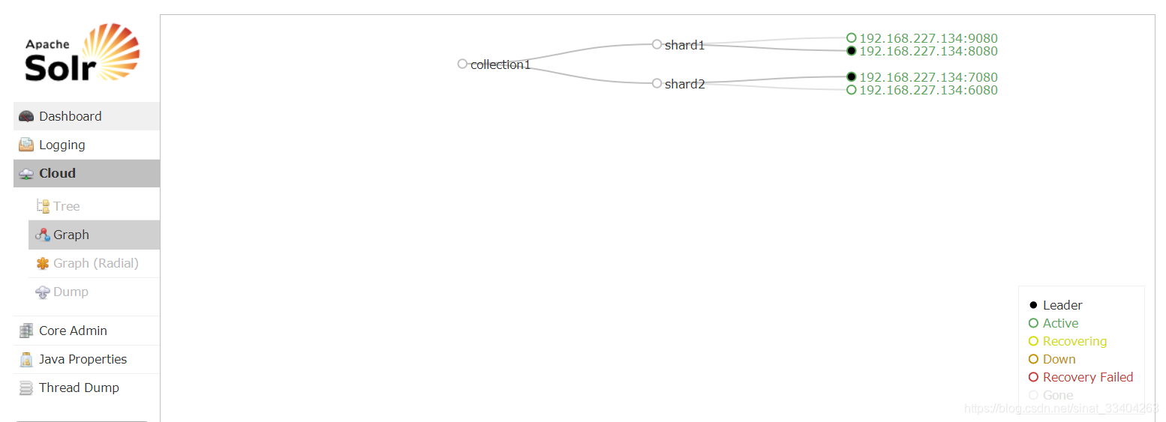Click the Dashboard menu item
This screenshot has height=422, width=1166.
point(70,116)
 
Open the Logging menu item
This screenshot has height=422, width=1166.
point(62,145)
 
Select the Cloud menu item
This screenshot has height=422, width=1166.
point(57,173)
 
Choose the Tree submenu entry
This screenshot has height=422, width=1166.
point(66,206)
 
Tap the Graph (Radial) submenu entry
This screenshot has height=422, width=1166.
point(95,263)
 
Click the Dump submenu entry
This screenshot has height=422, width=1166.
point(71,292)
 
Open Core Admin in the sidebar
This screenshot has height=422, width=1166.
point(73,331)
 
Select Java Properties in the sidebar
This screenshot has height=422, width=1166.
point(83,359)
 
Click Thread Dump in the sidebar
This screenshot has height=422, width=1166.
point(79,388)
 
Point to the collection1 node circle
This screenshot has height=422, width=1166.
point(462,64)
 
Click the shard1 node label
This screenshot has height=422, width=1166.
point(684,45)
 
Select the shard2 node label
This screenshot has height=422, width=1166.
point(684,84)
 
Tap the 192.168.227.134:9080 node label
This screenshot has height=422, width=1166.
point(928,38)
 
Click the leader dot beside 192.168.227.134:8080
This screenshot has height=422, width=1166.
point(852,51)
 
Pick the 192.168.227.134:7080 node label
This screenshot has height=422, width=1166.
point(928,77)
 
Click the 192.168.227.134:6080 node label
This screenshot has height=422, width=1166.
point(928,90)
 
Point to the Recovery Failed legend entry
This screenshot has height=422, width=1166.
point(1087,377)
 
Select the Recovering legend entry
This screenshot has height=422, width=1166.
point(1074,341)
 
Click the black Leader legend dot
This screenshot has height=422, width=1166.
point(1033,305)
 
